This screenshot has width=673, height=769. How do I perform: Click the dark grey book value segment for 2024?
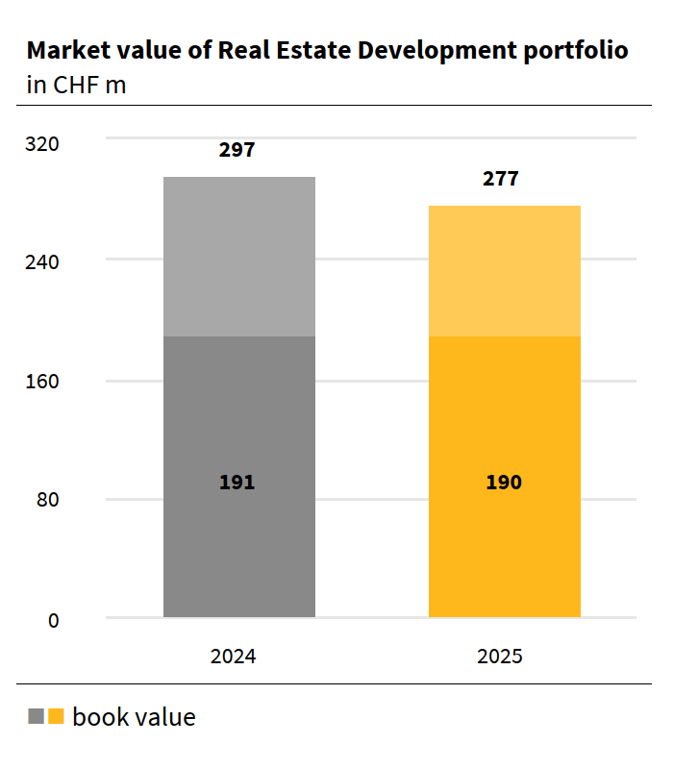click(239, 538)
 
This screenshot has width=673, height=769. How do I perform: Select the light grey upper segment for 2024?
click(239, 257)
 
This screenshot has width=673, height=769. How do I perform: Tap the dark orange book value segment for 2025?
click(504, 548)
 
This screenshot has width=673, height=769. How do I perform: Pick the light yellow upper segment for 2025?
click(504, 271)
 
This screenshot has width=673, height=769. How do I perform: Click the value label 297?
click(237, 150)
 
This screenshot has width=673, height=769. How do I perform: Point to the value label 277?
click(501, 179)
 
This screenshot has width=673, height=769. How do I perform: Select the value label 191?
click(237, 483)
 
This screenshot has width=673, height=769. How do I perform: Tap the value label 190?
click(503, 483)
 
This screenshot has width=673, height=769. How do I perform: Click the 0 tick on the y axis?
click(54, 620)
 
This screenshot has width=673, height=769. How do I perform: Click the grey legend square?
click(37, 717)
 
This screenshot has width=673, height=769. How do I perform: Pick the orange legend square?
click(56, 717)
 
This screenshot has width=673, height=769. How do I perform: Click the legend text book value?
click(134, 717)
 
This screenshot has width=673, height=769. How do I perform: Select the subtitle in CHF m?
click(77, 85)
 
